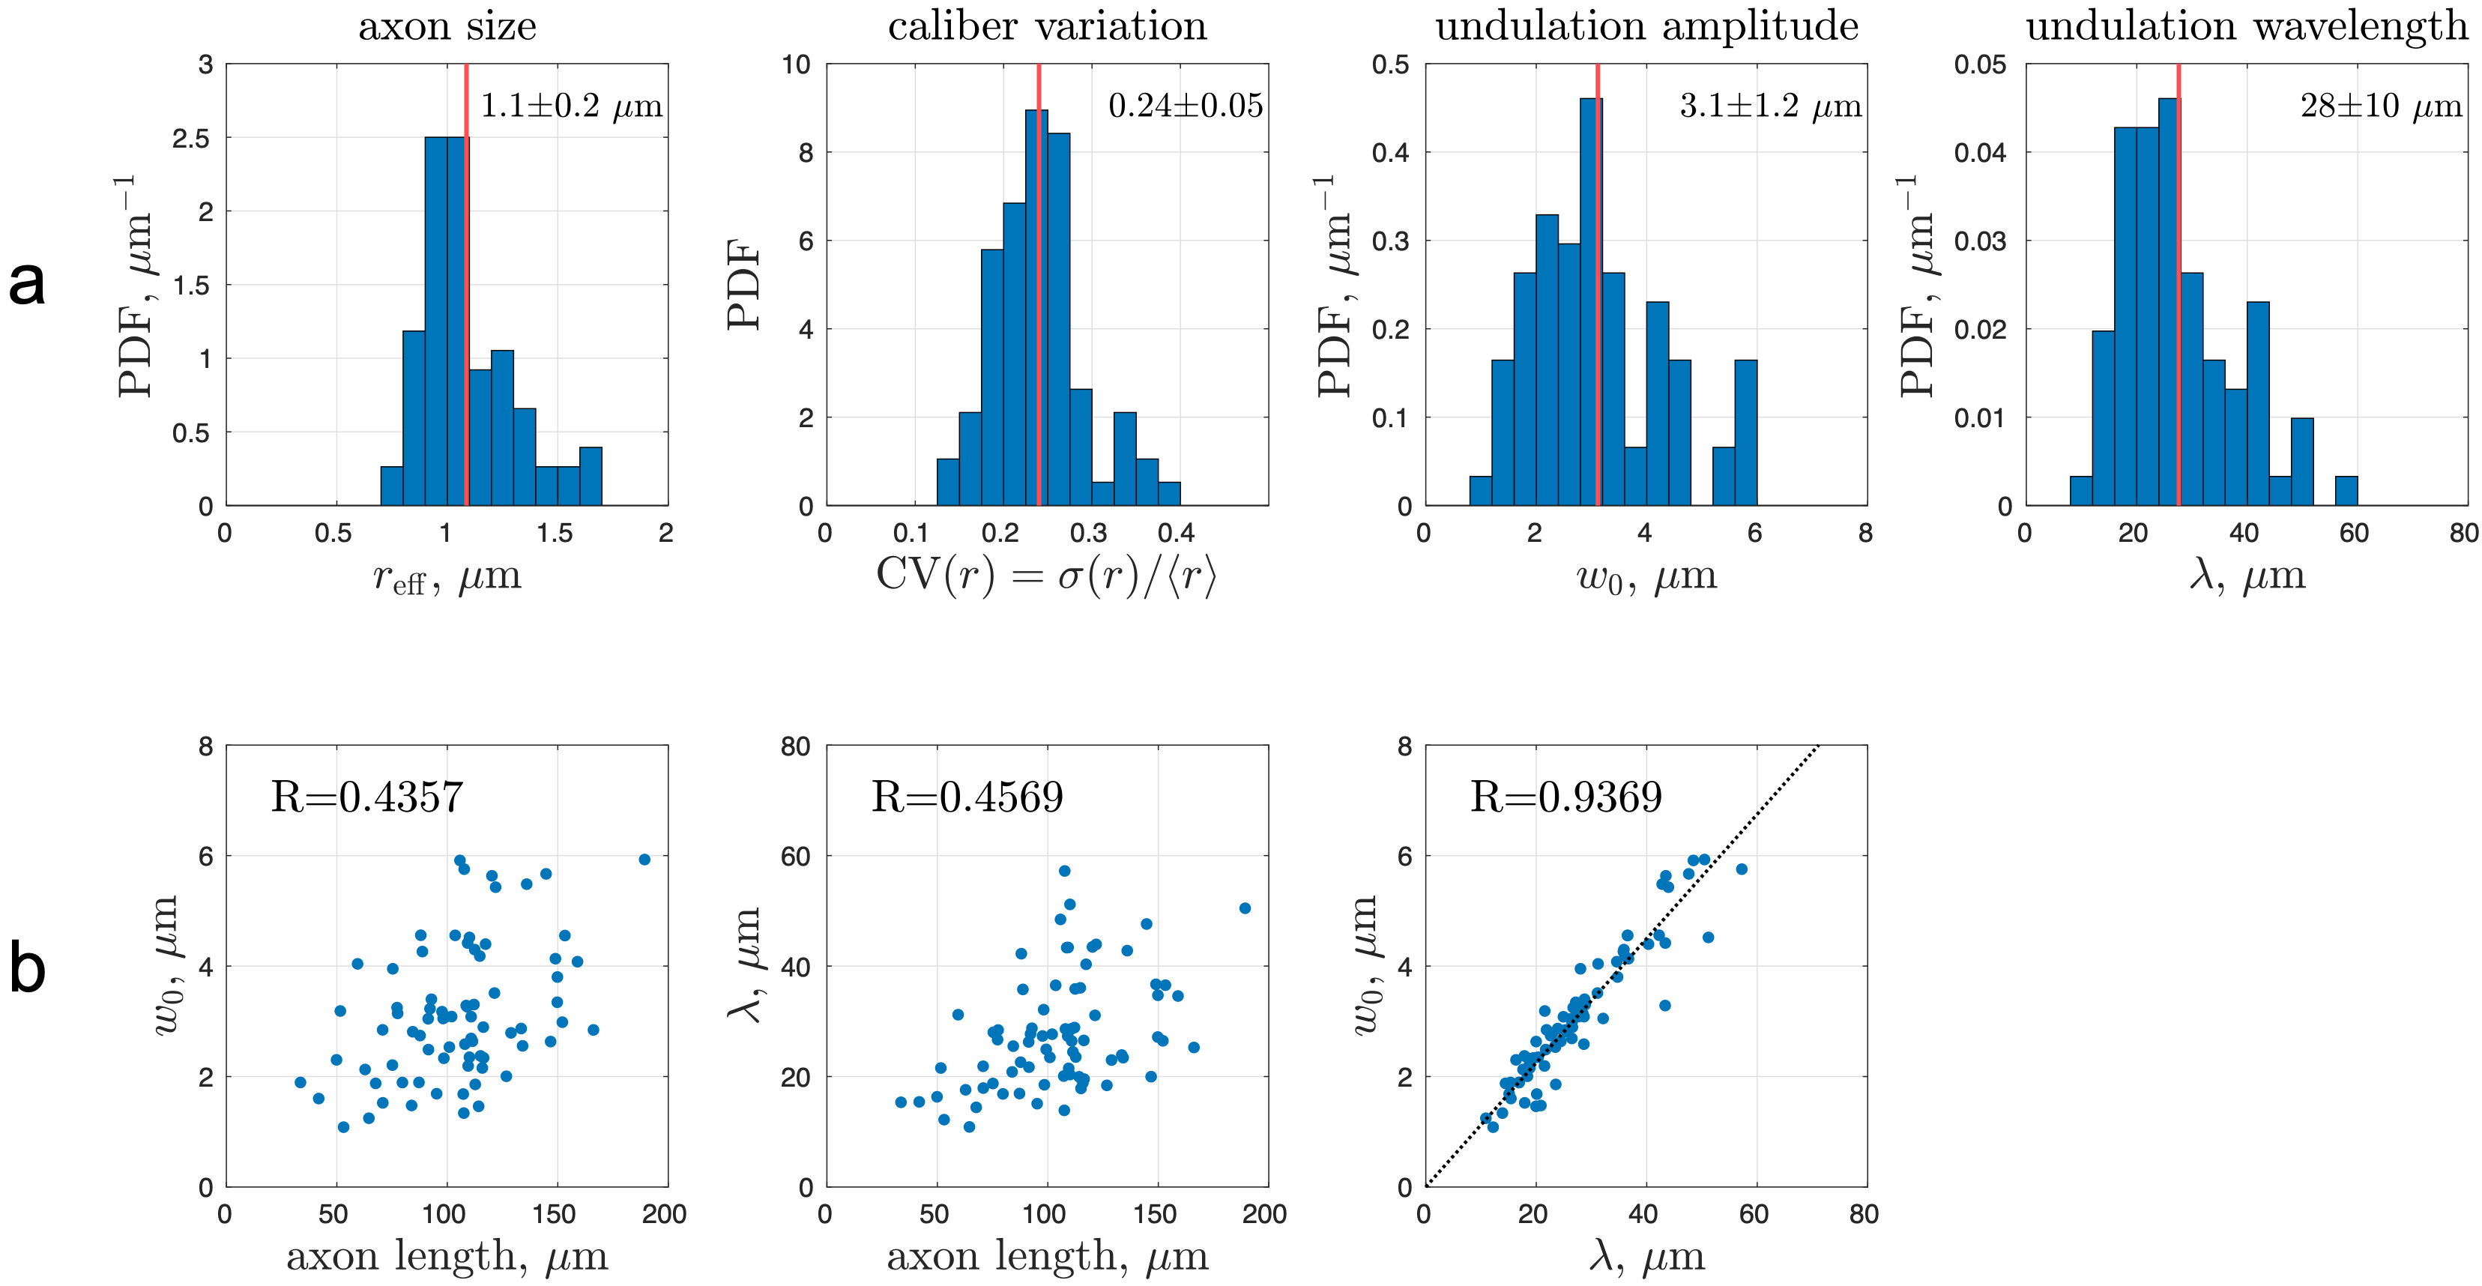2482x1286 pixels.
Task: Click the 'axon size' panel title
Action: [x=447, y=26]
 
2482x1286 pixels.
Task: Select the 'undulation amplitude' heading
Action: [x=1646, y=26]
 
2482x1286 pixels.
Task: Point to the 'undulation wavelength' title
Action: [x=2246, y=26]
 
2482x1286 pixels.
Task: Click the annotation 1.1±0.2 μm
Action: [x=571, y=106]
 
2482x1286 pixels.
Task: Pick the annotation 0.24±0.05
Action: [x=1185, y=106]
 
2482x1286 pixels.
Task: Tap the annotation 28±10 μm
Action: [x=2381, y=106]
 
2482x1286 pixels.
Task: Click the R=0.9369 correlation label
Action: [x=1565, y=797]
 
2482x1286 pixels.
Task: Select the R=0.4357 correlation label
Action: [x=367, y=797]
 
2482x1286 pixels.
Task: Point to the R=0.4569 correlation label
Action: [x=967, y=797]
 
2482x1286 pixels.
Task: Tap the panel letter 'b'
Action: [x=27, y=968]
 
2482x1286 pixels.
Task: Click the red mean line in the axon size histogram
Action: [x=466, y=289]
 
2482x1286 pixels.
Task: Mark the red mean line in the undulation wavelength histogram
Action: [x=2178, y=289]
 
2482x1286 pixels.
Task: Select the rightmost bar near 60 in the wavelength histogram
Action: [x=2346, y=492]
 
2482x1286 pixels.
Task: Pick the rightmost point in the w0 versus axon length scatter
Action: [x=644, y=860]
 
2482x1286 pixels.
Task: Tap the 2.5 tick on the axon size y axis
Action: [x=191, y=139]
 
